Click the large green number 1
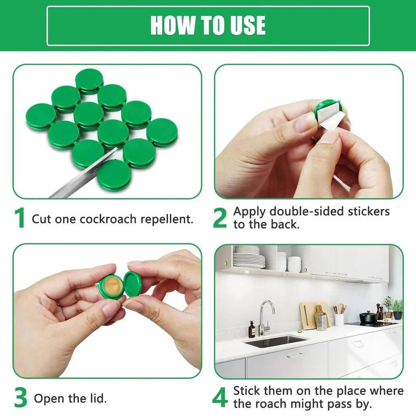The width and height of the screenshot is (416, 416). point(20,219)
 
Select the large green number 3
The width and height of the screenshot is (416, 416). point(21,398)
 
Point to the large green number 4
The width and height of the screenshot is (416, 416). point(220,398)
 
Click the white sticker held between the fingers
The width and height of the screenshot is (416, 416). point(332,118)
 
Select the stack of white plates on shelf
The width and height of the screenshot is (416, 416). point(249,257)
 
